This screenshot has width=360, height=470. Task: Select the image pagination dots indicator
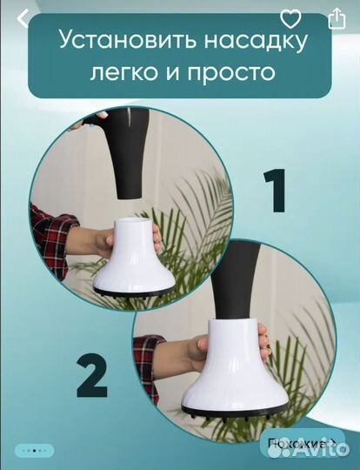point(35,451)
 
